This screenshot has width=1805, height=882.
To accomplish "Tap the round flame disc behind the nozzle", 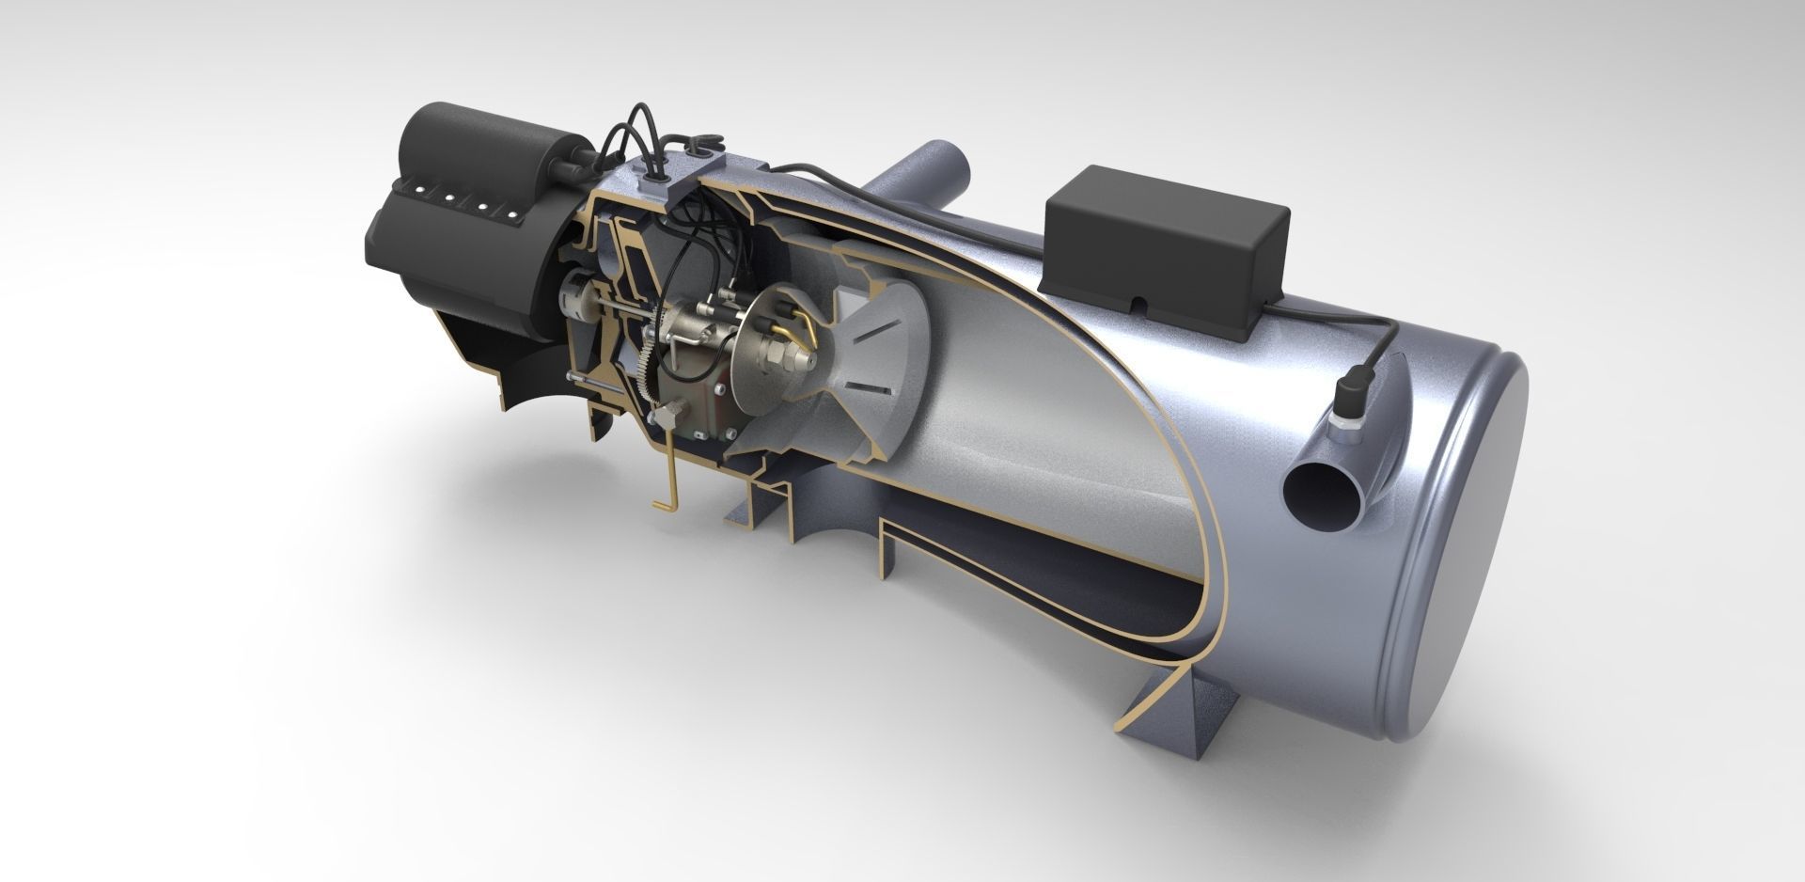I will coord(762,358).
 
